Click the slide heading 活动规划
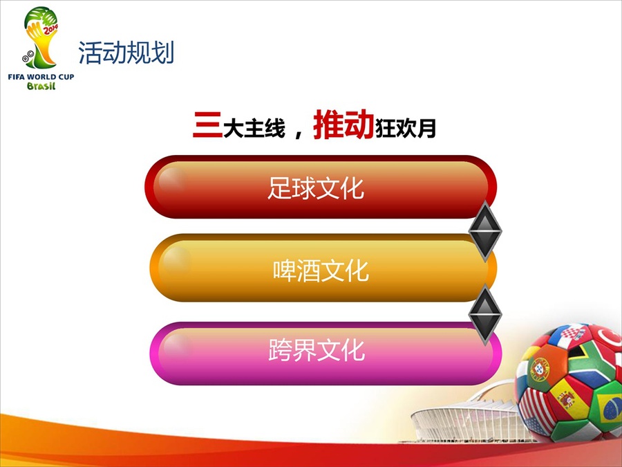[x=126, y=53]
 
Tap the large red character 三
[x=207, y=125]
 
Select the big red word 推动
[x=343, y=125]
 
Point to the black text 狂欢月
[x=406, y=128]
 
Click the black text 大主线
[x=254, y=128]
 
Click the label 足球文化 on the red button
[x=316, y=188]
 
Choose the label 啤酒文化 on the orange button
[x=321, y=271]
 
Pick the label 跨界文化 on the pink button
[x=317, y=349]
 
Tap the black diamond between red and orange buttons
[x=484, y=230]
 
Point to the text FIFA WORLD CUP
[x=41, y=77]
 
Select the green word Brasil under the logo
[x=41, y=86]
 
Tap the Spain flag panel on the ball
[x=568, y=398]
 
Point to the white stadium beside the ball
[x=464, y=421]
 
